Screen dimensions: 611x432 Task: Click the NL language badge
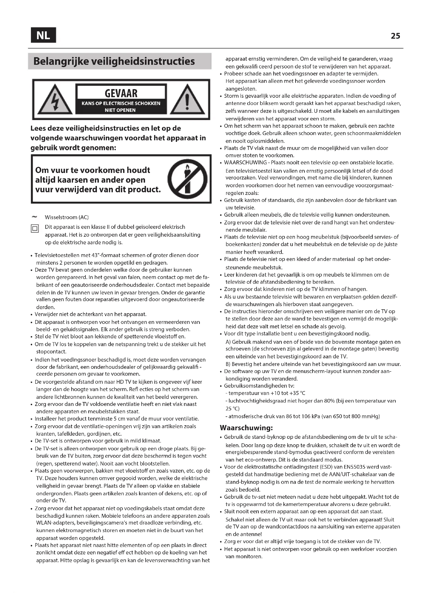tap(43, 35)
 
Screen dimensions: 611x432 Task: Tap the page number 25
tap(395, 36)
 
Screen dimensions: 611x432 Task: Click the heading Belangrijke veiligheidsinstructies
tap(114, 61)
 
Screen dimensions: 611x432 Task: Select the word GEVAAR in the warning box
tap(121, 93)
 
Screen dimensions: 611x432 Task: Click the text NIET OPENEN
tap(120, 110)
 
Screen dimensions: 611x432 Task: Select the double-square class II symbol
tap(35, 229)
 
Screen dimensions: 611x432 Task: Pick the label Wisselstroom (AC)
tap(67, 217)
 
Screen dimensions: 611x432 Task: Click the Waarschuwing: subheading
tap(246, 428)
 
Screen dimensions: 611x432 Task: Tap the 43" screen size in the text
tap(96, 255)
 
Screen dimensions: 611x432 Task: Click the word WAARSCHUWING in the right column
tap(245, 162)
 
